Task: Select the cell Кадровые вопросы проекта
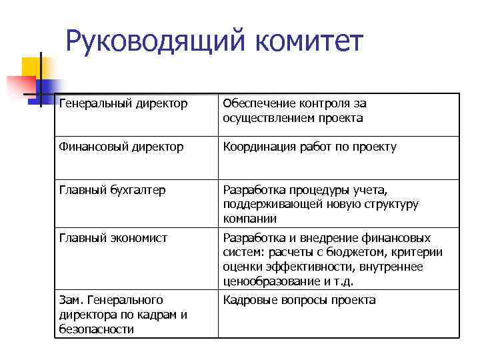pyautogui.click(x=299, y=300)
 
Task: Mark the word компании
pyautogui.click(x=249, y=219)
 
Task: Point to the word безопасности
pyautogui.click(x=97, y=329)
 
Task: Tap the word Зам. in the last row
pyautogui.click(x=71, y=300)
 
